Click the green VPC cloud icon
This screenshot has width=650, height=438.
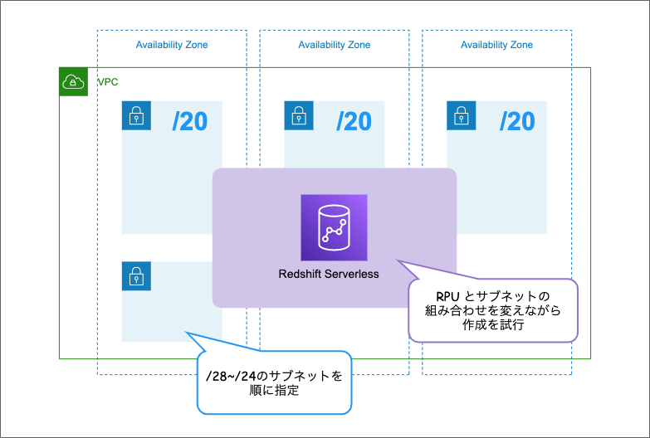coord(74,81)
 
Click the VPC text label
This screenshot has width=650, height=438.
coord(108,82)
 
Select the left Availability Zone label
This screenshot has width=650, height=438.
coord(172,45)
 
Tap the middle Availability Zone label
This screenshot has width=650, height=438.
coord(335,45)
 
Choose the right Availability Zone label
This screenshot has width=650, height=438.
coord(496,45)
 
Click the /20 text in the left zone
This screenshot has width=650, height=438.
coord(190,122)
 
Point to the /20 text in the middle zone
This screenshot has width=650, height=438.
coord(353,122)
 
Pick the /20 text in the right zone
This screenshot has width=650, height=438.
coord(516,122)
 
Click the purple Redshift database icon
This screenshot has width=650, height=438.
coord(334,227)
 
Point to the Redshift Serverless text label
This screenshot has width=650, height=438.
coord(329,274)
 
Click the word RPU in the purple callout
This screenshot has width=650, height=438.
coord(449,296)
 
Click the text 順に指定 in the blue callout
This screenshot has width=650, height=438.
coord(273,391)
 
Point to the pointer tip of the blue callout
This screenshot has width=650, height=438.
coord(185,333)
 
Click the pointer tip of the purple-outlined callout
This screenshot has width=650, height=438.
coord(397,260)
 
